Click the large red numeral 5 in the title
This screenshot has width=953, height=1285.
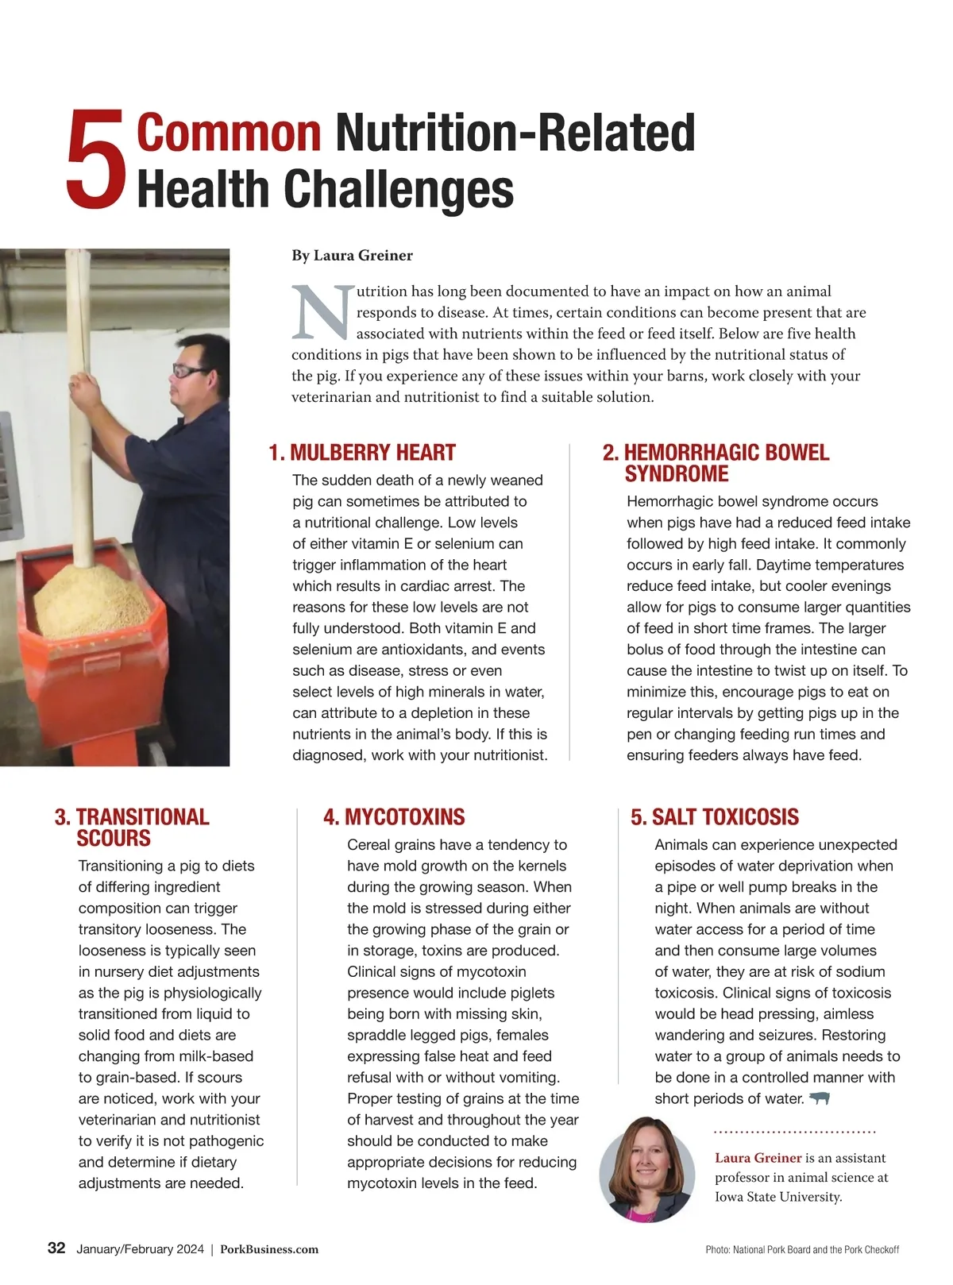point(96,160)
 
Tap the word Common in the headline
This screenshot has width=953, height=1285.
point(229,133)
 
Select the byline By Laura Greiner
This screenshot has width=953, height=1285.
point(352,256)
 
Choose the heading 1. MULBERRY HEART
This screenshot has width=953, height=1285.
point(362,453)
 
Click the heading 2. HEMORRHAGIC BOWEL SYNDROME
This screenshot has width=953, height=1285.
point(716,463)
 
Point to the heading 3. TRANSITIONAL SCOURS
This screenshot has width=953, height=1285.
point(132,828)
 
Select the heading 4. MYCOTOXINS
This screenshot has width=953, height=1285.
point(394,817)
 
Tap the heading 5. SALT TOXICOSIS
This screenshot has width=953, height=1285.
point(715,817)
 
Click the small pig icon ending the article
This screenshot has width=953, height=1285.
point(819,1098)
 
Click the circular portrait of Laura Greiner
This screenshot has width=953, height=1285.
point(646,1168)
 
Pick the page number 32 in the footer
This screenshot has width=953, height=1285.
point(56,1248)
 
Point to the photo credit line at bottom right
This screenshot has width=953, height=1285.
point(802,1250)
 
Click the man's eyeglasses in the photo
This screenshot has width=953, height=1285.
point(191,371)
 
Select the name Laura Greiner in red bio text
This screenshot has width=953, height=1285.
point(758,1158)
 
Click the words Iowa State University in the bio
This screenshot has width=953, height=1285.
point(777,1197)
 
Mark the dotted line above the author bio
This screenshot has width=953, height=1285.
point(794,1132)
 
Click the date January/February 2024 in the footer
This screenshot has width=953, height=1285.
point(140,1249)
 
